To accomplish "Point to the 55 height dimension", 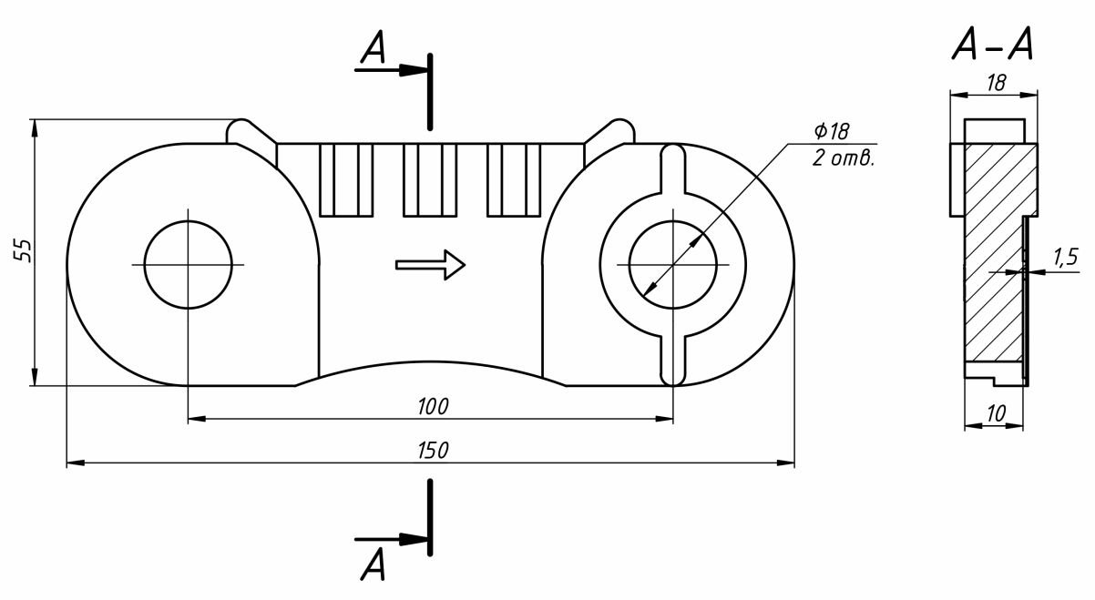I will (25, 251).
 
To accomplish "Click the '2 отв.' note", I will (843, 159).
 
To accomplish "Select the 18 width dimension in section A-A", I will (996, 83).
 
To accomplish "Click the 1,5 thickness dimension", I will (1065, 258).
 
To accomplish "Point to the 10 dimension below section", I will (996, 413).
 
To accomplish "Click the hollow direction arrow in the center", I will (431, 265).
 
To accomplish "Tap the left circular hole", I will (189, 264).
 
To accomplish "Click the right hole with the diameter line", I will (671, 264).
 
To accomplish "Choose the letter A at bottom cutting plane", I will (373, 564).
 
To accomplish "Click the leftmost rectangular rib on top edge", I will (346, 179).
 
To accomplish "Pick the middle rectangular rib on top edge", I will (430, 179).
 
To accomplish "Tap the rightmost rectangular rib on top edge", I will (515, 179).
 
